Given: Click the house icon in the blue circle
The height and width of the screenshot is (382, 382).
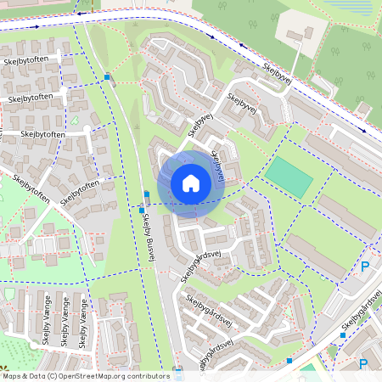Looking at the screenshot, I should click(x=191, y=183).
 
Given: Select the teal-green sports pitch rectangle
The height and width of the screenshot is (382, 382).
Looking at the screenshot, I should click(x=289, y=177).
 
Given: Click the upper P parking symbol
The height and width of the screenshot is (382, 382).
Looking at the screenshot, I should click(x=365, y=267).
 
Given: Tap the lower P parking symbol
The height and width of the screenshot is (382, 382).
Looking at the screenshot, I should click(x=363, y=364).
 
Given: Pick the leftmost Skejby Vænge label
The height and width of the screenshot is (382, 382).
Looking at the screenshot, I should click(x=44, y=328).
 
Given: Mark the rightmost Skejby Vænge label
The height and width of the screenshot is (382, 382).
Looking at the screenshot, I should click(x=83, y=328).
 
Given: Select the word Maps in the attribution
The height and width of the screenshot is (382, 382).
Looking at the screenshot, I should click(x=12, y=375).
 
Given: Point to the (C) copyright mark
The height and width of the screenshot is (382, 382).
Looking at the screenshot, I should click(x=53, y=375).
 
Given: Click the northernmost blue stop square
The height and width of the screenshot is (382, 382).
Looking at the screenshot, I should click(x=107, y=77).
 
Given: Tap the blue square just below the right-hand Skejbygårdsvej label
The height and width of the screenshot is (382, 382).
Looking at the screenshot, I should click(x=342, y=334).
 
